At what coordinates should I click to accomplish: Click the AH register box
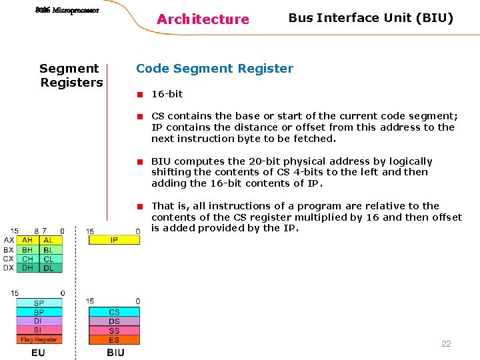[x=27, y=240]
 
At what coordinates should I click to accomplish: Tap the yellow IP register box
[x=114, y=240]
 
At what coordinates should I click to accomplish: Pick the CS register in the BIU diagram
[x=114, y=312]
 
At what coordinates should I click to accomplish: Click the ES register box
[x=114, y=340]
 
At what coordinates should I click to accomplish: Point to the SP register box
[x=39, y=303]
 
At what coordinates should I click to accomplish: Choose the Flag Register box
[x=39, y=339]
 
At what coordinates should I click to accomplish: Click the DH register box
[x=27, y=268]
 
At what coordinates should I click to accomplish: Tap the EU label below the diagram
[x=38, y=352]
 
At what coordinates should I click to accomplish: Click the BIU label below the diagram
[x=115, y=352]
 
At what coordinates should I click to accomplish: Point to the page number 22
[x=446, y=344]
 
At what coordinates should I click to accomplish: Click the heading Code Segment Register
[x=214, y=69]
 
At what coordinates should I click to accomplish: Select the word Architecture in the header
[x=203, y=19]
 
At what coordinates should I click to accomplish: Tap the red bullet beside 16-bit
[x=141, y=94]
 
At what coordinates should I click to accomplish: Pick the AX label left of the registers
[x=9, y=240]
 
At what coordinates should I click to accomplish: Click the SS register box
[x=114, y=331]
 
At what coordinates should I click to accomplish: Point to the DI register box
[x=39, y=321]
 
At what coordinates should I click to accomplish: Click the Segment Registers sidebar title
[x=71, y=75]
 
